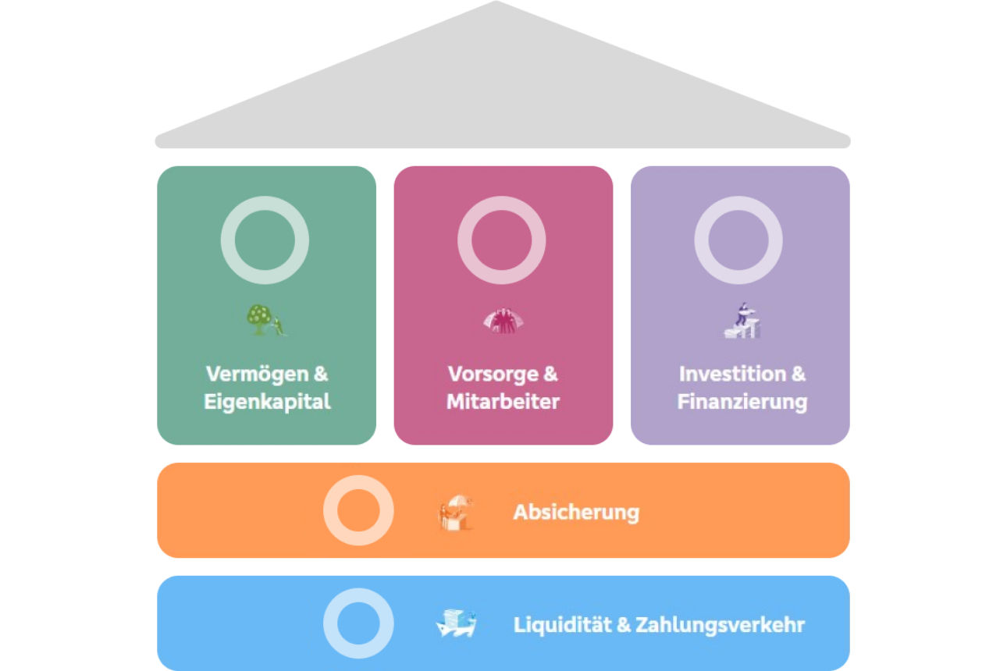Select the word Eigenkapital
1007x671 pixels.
[267, 402]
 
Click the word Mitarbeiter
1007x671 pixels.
[503, 402]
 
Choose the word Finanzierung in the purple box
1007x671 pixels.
[742, 402]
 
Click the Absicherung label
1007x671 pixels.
[576, 513]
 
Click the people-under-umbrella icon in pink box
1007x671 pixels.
[503, 321]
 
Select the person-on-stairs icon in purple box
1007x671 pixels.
[742, 321]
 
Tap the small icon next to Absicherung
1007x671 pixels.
[456, 513]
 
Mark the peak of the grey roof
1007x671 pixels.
[496, 5]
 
